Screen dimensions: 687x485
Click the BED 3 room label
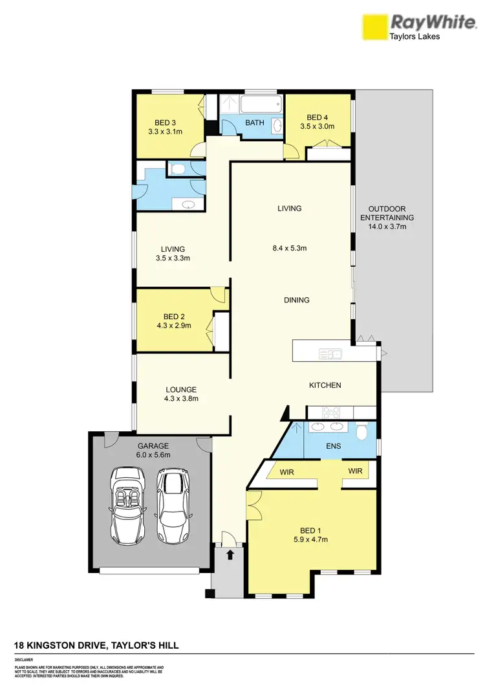click(165, 122)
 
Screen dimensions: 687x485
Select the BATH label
click(254, 122)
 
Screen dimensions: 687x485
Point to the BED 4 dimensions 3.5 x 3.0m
click(317, 126)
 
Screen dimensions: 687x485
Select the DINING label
click(296, 300)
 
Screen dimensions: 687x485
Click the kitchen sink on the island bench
click(330, 354)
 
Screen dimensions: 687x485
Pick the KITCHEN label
click(325, 385)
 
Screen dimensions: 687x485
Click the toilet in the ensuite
click(361, 431)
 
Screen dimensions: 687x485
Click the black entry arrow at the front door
click(230, 554)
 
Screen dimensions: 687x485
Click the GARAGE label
click(153, 445)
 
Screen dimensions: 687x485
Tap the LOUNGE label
click(180, 389)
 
